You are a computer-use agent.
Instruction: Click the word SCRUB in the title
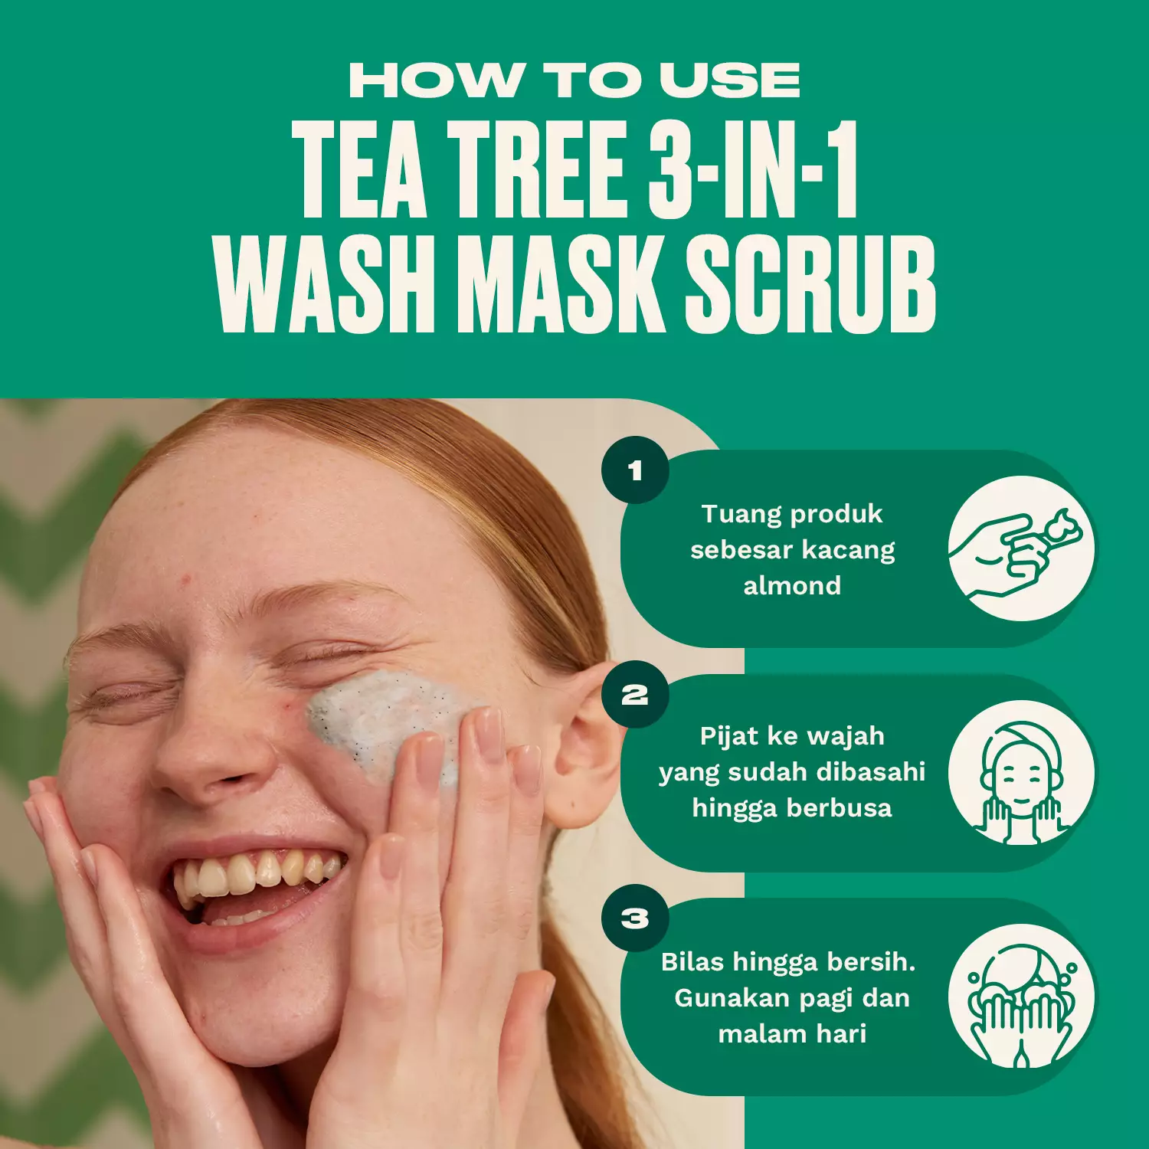coord(810,285)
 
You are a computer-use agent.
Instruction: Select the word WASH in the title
coord(327,285)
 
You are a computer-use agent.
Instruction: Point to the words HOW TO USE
coord(574,80)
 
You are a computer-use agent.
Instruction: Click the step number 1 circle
coord(635,470)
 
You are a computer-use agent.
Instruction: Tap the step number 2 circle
coord(635,695)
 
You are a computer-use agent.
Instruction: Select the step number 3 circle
coord(635,918)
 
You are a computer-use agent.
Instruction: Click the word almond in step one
coord(792,586)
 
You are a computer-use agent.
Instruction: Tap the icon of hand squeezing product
coord(1021,548)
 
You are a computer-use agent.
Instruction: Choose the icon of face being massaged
coord(1021,773)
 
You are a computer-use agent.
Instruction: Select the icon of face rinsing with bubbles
coord(1021,997)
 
